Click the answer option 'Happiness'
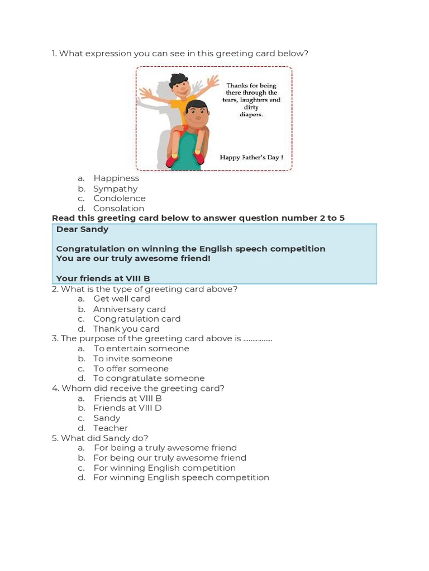pyautogui.click(x=116, y=178)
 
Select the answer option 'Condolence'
pyautogui.click(x=119, y=199)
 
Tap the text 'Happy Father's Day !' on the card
pyautogui.click(x=251, y=158)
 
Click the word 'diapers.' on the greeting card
pyautogui.click(x=251, y=115)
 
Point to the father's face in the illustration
pyautogui.click(x=197, y=116)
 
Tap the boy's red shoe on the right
pyautogui.click(x=199, y=158)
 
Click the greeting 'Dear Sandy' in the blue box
pyautogui.click(x=83, y=229)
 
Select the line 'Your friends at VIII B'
pyautogui.click(x=103, y=278)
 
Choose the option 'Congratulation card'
pyautogui.click(x=137, y=319)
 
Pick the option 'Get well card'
pyautogui.click(x=122, y=299)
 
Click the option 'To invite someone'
pyautogui.click(x=133, y=359)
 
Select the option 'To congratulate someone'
pyautogui.click(x=149, y=379)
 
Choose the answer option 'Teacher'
pyautogui.click(x=111, y=428)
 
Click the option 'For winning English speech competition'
pyautogui.click(x=181, y=478)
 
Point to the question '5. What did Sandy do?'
pyautogui.click(x=100, y=438)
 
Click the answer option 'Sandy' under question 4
pyautogui.click(x=107, y=418)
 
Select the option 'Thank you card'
pyautogui.click(x=126, y=329)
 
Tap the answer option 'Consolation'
pyautogui.click(x=118, y=209)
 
